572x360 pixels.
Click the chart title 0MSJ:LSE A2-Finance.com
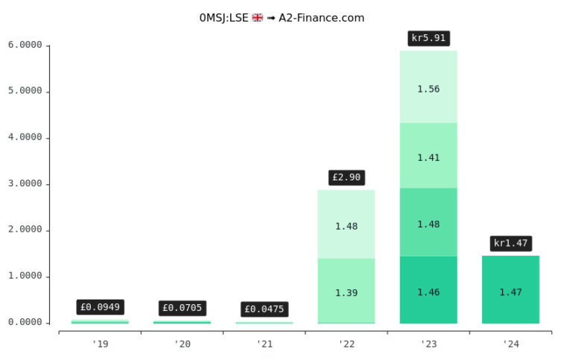282,18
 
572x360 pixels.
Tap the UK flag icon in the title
258,18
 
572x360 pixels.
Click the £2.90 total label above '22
346,177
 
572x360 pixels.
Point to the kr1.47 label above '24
511,243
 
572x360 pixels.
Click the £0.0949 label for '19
100,307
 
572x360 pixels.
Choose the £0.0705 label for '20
182,308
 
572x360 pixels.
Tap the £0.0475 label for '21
264,309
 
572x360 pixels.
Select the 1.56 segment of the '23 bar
428,89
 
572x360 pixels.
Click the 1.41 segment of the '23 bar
428,157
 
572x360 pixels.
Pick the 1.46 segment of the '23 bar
428,292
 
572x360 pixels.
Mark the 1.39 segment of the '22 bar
346,293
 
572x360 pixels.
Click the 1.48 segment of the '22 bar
346,226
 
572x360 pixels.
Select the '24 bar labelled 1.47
511,292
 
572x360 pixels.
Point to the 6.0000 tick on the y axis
25,45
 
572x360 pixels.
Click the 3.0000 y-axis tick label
25,184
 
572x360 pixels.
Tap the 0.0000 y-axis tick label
25,323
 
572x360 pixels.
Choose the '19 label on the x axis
100,344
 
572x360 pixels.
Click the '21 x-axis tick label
264,344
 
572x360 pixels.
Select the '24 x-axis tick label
511,344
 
